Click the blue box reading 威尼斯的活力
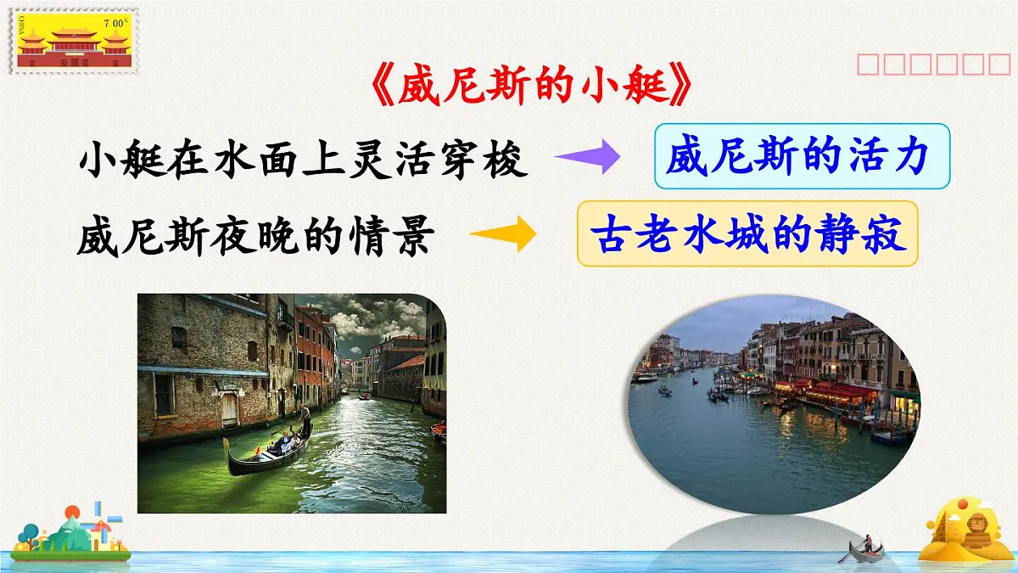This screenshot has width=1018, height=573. click(802, 156)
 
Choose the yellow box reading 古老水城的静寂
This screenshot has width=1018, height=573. click(747, 233)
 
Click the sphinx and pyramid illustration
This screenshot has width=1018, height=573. click(966, 530)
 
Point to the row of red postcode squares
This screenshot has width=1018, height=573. click(932, 65)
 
